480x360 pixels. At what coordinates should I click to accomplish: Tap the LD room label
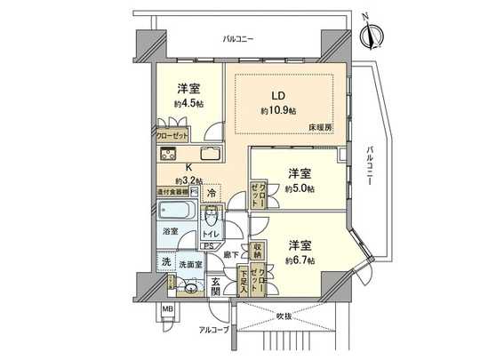pos(278,96)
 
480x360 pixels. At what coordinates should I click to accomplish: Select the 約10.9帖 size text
pos(277,110)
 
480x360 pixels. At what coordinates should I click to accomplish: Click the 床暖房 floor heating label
pos(321,129)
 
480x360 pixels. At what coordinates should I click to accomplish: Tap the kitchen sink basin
pos(211,153)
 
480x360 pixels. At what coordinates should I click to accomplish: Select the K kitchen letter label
pos(188,167)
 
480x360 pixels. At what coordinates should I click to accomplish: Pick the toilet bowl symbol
pos(212,218)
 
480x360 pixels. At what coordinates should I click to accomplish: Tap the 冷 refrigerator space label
pos(211,192)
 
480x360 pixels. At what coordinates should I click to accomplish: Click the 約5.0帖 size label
pos(299,187)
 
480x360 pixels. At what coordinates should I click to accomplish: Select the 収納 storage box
pos(256,251)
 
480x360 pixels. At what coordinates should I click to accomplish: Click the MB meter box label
pos(167,310)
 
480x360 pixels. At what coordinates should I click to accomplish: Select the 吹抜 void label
pos(284,316)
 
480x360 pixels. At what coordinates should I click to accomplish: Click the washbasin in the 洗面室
pos(189,285)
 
